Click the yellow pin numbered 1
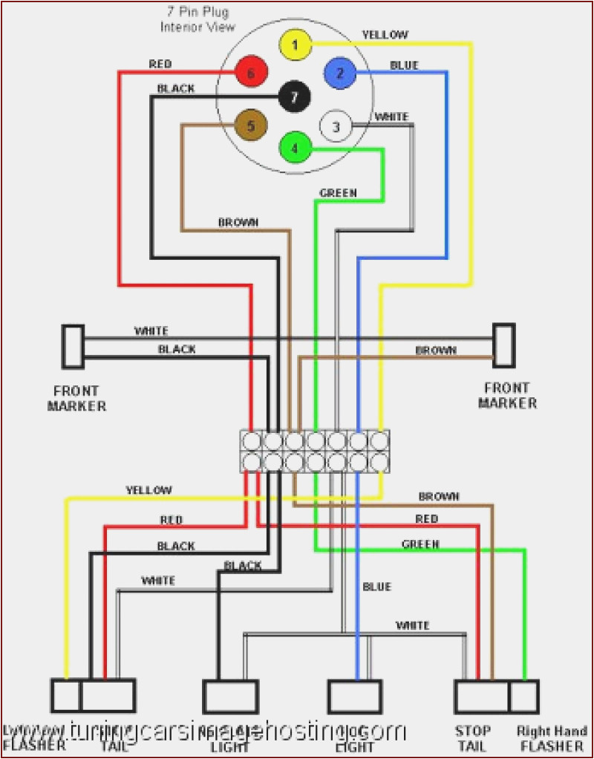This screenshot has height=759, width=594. (294, 45)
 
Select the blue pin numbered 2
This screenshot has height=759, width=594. (339, 73)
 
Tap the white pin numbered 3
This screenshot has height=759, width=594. (335, 127)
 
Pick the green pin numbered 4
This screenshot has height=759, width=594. (294, 147)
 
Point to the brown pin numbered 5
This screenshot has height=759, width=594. (250, 126)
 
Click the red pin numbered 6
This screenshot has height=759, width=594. (250, 74)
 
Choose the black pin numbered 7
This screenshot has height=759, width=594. (294, 96)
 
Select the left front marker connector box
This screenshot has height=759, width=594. (73, 346)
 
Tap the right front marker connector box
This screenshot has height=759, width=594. (504, 345)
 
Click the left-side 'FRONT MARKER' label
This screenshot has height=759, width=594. (76, 398)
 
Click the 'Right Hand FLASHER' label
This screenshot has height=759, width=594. (551, 738)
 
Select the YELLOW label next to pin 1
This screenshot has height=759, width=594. (385, 34)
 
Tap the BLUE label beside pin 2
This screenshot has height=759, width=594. (404, 65)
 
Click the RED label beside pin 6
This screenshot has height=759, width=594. (160, 65)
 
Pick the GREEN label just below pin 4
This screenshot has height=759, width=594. (338, 193)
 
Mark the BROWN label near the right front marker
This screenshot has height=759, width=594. (436, 351)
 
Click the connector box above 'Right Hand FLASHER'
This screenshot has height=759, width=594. (524, 697)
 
